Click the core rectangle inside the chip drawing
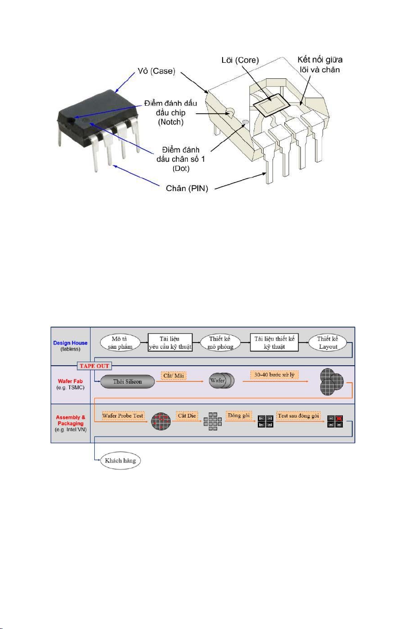click(271, 103)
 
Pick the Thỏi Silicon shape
click(127, 381)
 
